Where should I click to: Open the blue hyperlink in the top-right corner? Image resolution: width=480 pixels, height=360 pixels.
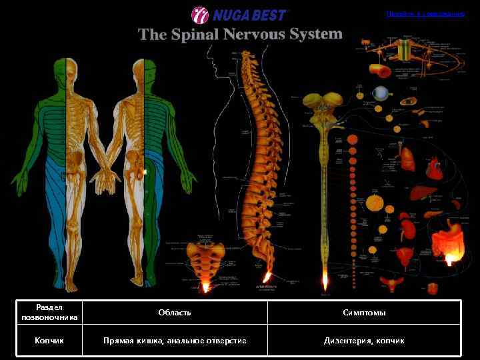click(x=425, y=13)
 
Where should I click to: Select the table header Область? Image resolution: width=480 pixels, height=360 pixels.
click(x=175, y=312)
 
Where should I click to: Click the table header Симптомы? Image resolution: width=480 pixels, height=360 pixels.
click(x=364, y=312)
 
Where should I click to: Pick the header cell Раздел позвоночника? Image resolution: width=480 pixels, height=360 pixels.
click(x=50, y=312)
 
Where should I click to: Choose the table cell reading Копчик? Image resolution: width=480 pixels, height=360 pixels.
click(x=50, y=341)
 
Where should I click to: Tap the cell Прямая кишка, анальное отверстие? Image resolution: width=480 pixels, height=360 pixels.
click(x=175, y=341)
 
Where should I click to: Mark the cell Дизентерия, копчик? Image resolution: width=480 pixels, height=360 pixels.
click(x=364, y=341)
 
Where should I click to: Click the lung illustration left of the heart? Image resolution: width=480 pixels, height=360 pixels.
click(x=407, y=159)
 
